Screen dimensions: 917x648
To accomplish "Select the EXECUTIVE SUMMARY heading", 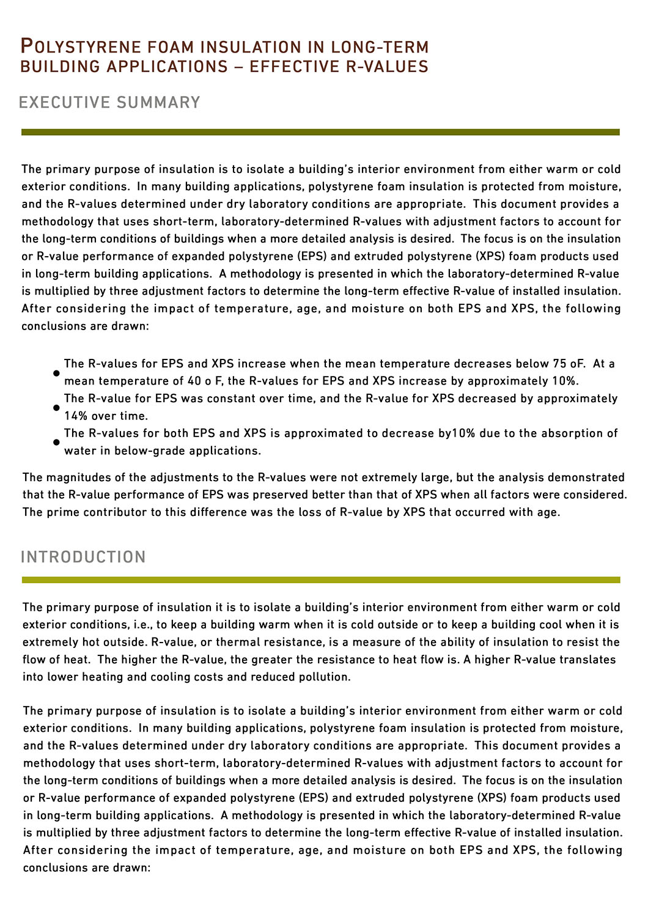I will click(x=109, y=102).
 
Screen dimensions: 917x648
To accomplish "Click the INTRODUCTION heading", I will click(x=83, y=557).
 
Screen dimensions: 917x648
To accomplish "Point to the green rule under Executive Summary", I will click(x=320, y=132).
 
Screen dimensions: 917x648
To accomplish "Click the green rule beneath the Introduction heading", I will click(x=321, y=580).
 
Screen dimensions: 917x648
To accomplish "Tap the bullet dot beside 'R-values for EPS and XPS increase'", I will click(x=56, y=372).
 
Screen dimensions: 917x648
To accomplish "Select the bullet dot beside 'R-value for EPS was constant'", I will click(x=56, y=407).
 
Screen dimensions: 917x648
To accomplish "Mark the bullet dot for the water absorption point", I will click(x=56, y=441).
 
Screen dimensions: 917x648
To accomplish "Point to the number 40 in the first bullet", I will click(x=195, y=381).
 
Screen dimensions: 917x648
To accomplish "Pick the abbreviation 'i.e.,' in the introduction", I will click(x=144, y=625).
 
